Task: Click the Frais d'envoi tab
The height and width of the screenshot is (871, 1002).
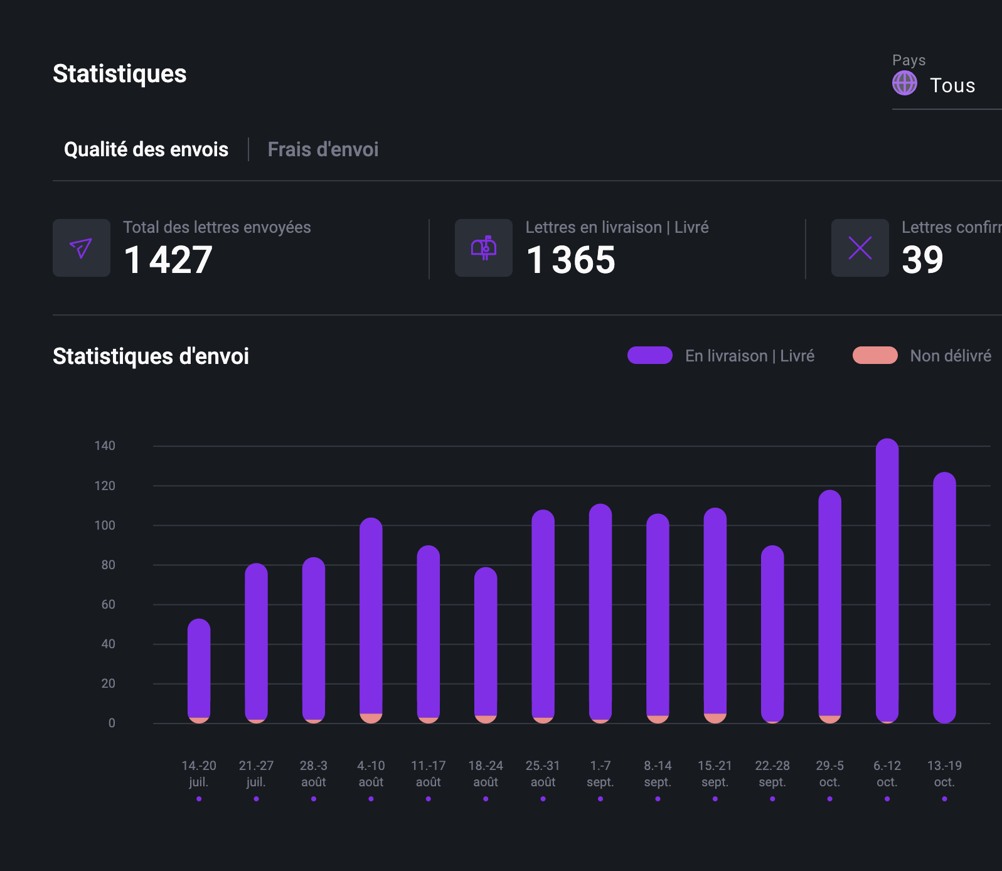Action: pyautogui.click(x=322, y=149)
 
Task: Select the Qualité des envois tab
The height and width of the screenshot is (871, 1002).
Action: pyautogui.click(x=146, y=149)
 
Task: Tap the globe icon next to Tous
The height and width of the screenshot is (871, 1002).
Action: pyautogui.click(x=904, y=83)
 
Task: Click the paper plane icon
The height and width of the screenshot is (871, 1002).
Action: pyautogui.click(x=82, y=248)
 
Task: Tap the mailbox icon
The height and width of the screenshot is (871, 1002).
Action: pyautogui.click(x=484, y=248)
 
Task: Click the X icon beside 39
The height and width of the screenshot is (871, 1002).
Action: pyautogui.click(x=860, y=248)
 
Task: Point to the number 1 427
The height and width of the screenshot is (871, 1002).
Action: pyautogui.click(x=168, y=260)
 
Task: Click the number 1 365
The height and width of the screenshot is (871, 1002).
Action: pyautogui.click(x=570, y=260)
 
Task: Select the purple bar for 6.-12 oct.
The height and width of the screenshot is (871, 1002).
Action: pyautogui.click(x=887, y=577)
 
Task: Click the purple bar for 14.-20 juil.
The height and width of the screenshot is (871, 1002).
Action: pyautogui.click(x=199, y=665)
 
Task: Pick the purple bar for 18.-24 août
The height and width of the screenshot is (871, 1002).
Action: pyautogui.click(x=486, y=640)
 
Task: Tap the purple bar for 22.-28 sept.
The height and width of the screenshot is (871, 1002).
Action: pyautogui.click(x=772, y=631)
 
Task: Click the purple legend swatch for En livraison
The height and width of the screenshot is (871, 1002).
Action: pyautogui.click(x=650, y=355)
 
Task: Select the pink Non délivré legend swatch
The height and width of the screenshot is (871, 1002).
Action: pyautogui.click(x=875, y=355)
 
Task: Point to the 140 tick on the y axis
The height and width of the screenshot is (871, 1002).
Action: pyautogui.click(x=105, y=446)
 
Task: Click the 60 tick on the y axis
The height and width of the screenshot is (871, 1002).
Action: pyautogui.click(x=108, y=604)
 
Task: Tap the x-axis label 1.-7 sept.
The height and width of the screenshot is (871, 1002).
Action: pyautogui.click(x=600, y=774)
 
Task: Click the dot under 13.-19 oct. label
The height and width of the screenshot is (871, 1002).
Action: pyautogui.click(x=944, y=799)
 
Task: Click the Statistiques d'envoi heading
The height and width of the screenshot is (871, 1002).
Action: pyautogui.click(x=151, y=356)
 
